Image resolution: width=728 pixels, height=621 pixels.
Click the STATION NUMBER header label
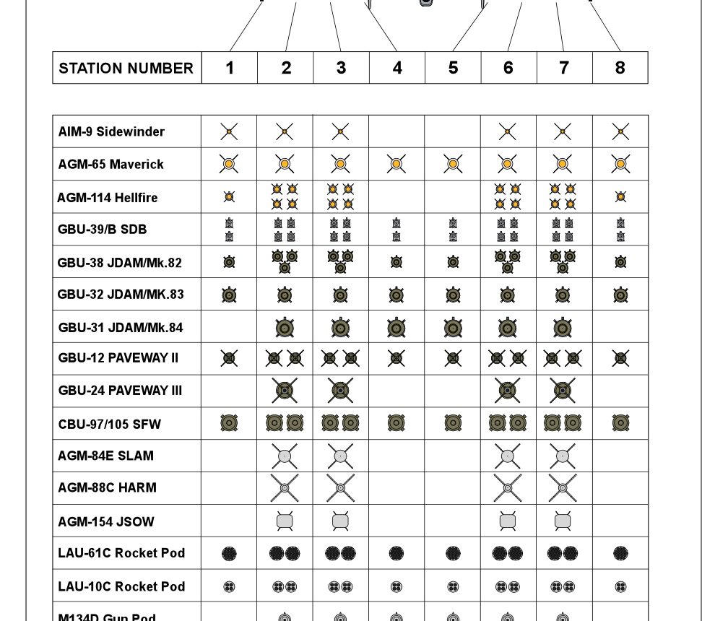click(x=126, y=68)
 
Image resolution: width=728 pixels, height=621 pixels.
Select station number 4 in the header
click(x=397, y=68)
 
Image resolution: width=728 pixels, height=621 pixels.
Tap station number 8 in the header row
click(x=620, y=68)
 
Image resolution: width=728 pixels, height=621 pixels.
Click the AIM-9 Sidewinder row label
click(x=111, y=131)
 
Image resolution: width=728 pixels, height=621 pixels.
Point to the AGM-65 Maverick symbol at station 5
click(x=453, y=165)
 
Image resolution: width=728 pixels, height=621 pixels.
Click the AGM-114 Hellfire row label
click(x=108, y=197)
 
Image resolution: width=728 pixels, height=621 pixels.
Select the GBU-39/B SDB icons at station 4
click(x=396, y=230)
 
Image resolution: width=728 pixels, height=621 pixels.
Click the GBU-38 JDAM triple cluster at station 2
click(x=285, y=261)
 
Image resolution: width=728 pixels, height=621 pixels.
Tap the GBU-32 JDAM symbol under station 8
click(x=620, y=295)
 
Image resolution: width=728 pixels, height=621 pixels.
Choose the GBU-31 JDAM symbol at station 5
click(x=453, y=328)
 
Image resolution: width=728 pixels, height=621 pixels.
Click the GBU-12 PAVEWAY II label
click(x=118, y=358)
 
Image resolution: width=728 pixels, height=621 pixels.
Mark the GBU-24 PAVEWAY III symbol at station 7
click(x=563, y=391)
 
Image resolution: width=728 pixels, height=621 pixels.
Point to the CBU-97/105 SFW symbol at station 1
click(x=229, y=423)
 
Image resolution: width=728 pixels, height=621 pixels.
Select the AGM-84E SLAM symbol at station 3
click(x=340, y=456)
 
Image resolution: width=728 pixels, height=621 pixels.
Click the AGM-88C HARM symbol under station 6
click(x=508, y=488)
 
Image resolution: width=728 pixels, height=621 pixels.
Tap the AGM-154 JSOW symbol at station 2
click(x=285, y=521)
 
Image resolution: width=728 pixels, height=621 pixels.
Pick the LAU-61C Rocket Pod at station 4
click(x=396, y=553)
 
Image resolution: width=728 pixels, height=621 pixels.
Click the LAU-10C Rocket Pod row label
click(x=121, y=586)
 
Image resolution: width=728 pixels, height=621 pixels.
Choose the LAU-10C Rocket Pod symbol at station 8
click(x=620, y=586)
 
